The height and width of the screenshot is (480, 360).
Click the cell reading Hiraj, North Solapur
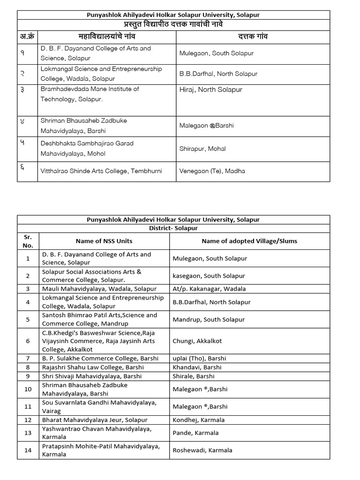210,90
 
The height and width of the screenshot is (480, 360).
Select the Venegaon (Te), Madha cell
212,171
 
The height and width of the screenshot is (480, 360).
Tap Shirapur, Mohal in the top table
202,149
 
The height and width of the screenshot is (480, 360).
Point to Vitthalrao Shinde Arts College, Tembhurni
101,171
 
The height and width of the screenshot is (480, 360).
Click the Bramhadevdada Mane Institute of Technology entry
90,94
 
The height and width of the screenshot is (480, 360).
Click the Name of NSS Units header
104,241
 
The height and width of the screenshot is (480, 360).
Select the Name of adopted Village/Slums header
249,241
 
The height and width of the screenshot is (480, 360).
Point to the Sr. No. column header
28,241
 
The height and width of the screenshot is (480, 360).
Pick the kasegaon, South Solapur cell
210,276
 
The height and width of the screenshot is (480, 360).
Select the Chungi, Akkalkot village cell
197,341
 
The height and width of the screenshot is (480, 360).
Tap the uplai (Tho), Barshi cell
197,359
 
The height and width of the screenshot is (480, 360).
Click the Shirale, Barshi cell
194,376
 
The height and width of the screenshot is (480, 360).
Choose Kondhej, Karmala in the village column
199,420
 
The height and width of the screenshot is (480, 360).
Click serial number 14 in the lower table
28,450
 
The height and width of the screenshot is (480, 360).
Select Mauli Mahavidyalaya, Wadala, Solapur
99,289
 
